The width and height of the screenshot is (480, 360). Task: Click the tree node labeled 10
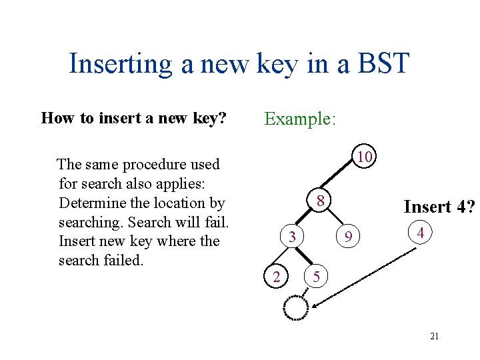(x=363, y=157)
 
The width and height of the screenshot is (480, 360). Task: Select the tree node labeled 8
(x=320, y=201)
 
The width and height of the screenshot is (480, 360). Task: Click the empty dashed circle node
(x=295, y=307)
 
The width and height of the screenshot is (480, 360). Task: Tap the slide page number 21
(x=434, y=337)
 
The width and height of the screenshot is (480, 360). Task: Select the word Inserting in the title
(x=121, y=65)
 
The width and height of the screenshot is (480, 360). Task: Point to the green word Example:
(x=300, y=119)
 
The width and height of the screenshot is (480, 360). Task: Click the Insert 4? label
(x=438, y=207)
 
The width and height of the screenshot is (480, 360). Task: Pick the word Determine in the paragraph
(x=93, y=203)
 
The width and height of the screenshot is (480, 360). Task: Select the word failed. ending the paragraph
(x=122, y=260)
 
